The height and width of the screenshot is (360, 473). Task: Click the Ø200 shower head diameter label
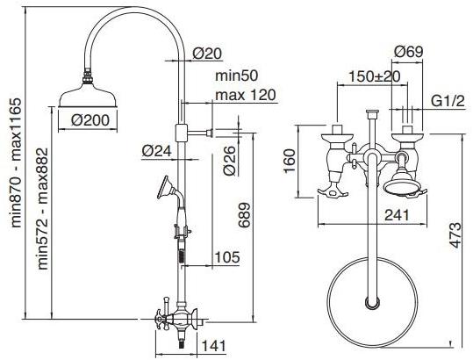pos(90,120)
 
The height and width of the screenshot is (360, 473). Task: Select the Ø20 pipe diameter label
pos(207,54)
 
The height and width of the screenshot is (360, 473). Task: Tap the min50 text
pos(237,76)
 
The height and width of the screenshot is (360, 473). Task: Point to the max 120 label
pos(246,95)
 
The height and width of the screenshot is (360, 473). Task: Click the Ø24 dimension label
pos(156,150)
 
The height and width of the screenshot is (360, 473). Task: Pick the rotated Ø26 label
pos(229,160)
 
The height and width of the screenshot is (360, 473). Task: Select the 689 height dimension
pos(244,215)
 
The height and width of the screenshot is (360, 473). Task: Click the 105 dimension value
pos(226,257)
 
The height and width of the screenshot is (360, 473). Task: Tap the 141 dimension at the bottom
pos(213,346)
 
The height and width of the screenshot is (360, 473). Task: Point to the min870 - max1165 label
pos(16,162)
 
